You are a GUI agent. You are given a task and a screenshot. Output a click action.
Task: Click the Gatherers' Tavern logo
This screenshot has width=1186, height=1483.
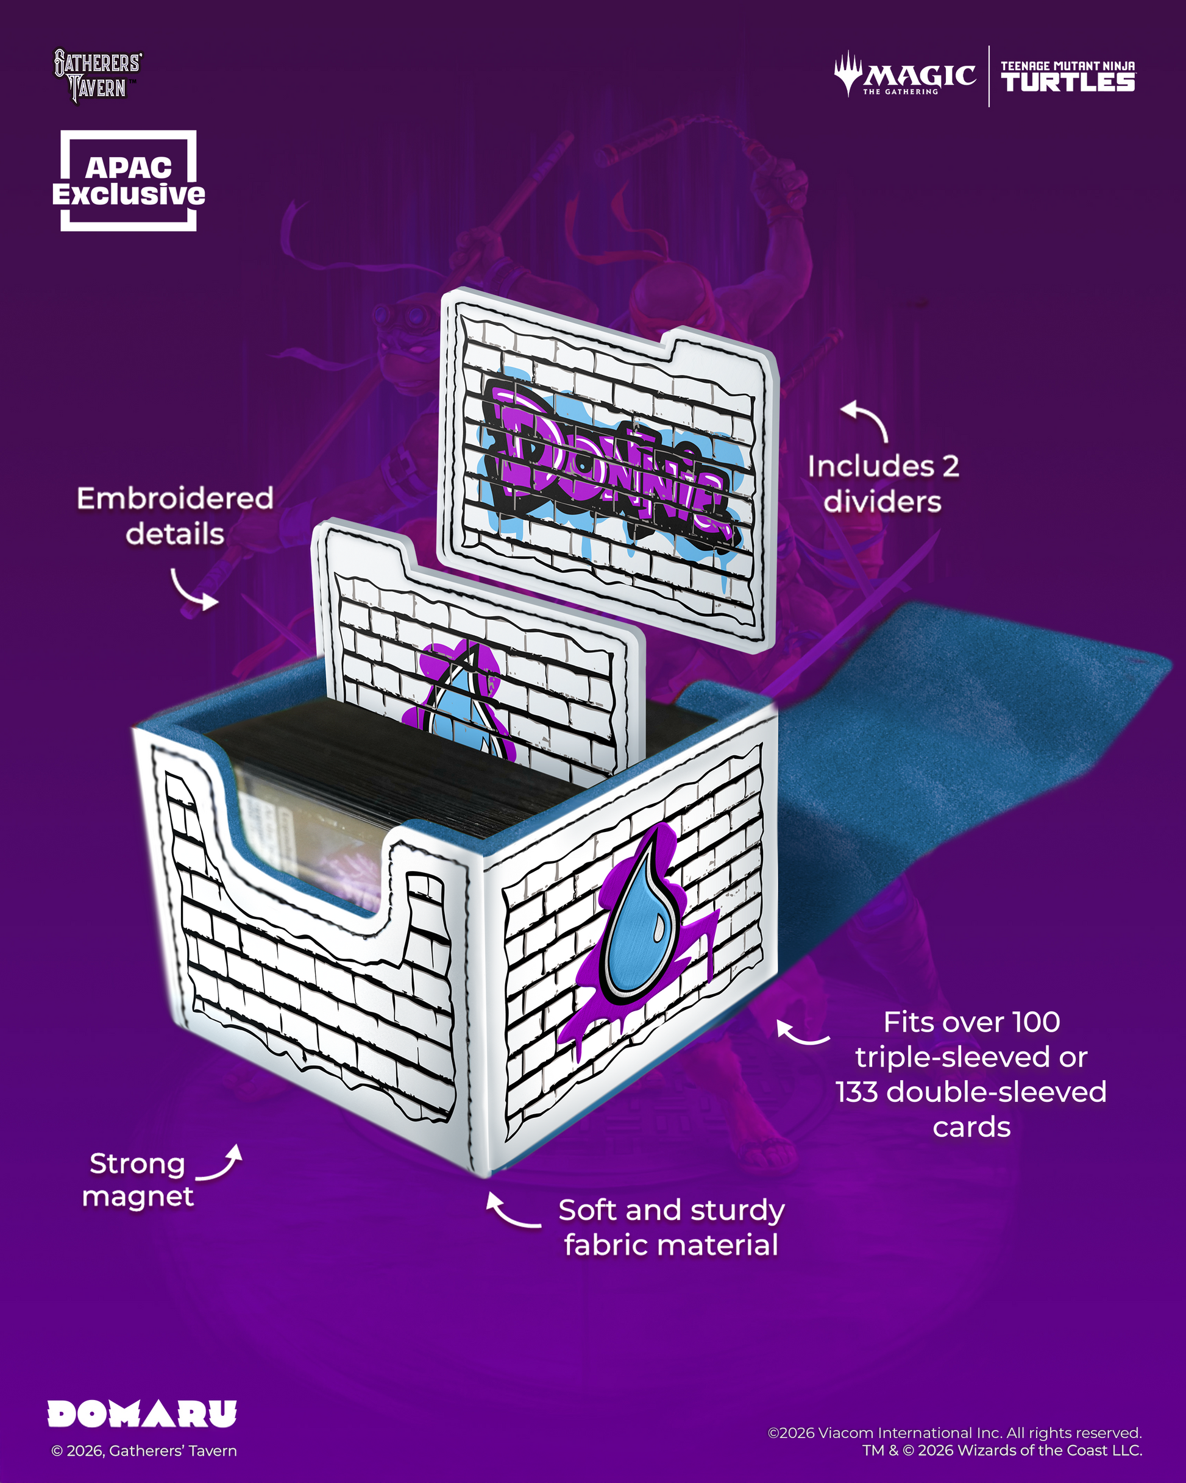click(x=98, y=76)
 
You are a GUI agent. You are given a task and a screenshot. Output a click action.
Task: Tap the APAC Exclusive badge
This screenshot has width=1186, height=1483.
click(x=129, y=180)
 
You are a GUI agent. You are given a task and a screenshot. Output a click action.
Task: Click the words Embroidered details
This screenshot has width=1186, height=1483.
click(x=175, y=516)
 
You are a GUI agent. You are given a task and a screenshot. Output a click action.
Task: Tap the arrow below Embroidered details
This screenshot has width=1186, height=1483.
click(x=194, y=591)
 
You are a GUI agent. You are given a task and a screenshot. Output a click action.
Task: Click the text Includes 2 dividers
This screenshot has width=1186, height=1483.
click(x=883, y=483)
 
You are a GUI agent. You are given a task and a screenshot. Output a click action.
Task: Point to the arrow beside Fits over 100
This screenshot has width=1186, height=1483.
click(x=801, y=1033)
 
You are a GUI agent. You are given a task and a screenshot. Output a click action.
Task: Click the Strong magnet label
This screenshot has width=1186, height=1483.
click(x=138, y=1180)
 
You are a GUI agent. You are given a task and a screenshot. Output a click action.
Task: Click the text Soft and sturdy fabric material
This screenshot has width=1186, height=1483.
click(x=671, y=1228)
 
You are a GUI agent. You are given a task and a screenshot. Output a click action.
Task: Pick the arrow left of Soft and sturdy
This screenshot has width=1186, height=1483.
click(x=512, y=1211)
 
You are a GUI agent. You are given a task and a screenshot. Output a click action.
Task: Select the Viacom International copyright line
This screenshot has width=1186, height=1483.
click(x=954, y=1433)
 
